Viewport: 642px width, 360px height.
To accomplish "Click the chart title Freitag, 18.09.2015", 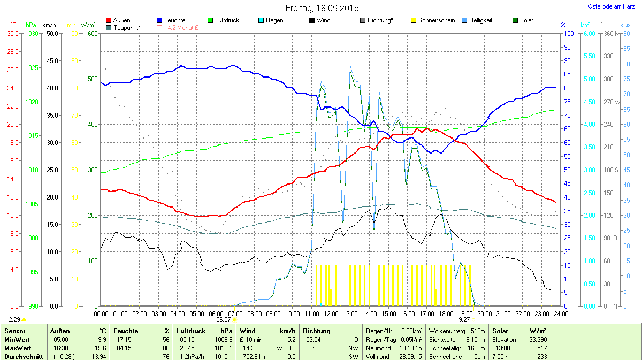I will point(321,9).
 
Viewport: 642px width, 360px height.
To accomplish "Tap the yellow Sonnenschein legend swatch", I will point(415,20).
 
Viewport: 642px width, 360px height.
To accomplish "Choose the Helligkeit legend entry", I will point(480,20).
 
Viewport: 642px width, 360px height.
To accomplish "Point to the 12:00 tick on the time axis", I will point(331,313).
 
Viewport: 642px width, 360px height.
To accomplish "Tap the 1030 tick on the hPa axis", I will point(32,33).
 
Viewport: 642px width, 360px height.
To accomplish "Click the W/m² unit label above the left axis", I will point(88,25).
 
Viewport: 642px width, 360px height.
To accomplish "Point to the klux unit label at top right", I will point(625,25).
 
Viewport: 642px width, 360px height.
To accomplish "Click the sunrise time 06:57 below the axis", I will point(224,319).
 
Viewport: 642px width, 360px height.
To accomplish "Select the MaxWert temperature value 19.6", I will point(101,348).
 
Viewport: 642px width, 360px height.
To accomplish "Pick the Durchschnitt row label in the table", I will point(23,356).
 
